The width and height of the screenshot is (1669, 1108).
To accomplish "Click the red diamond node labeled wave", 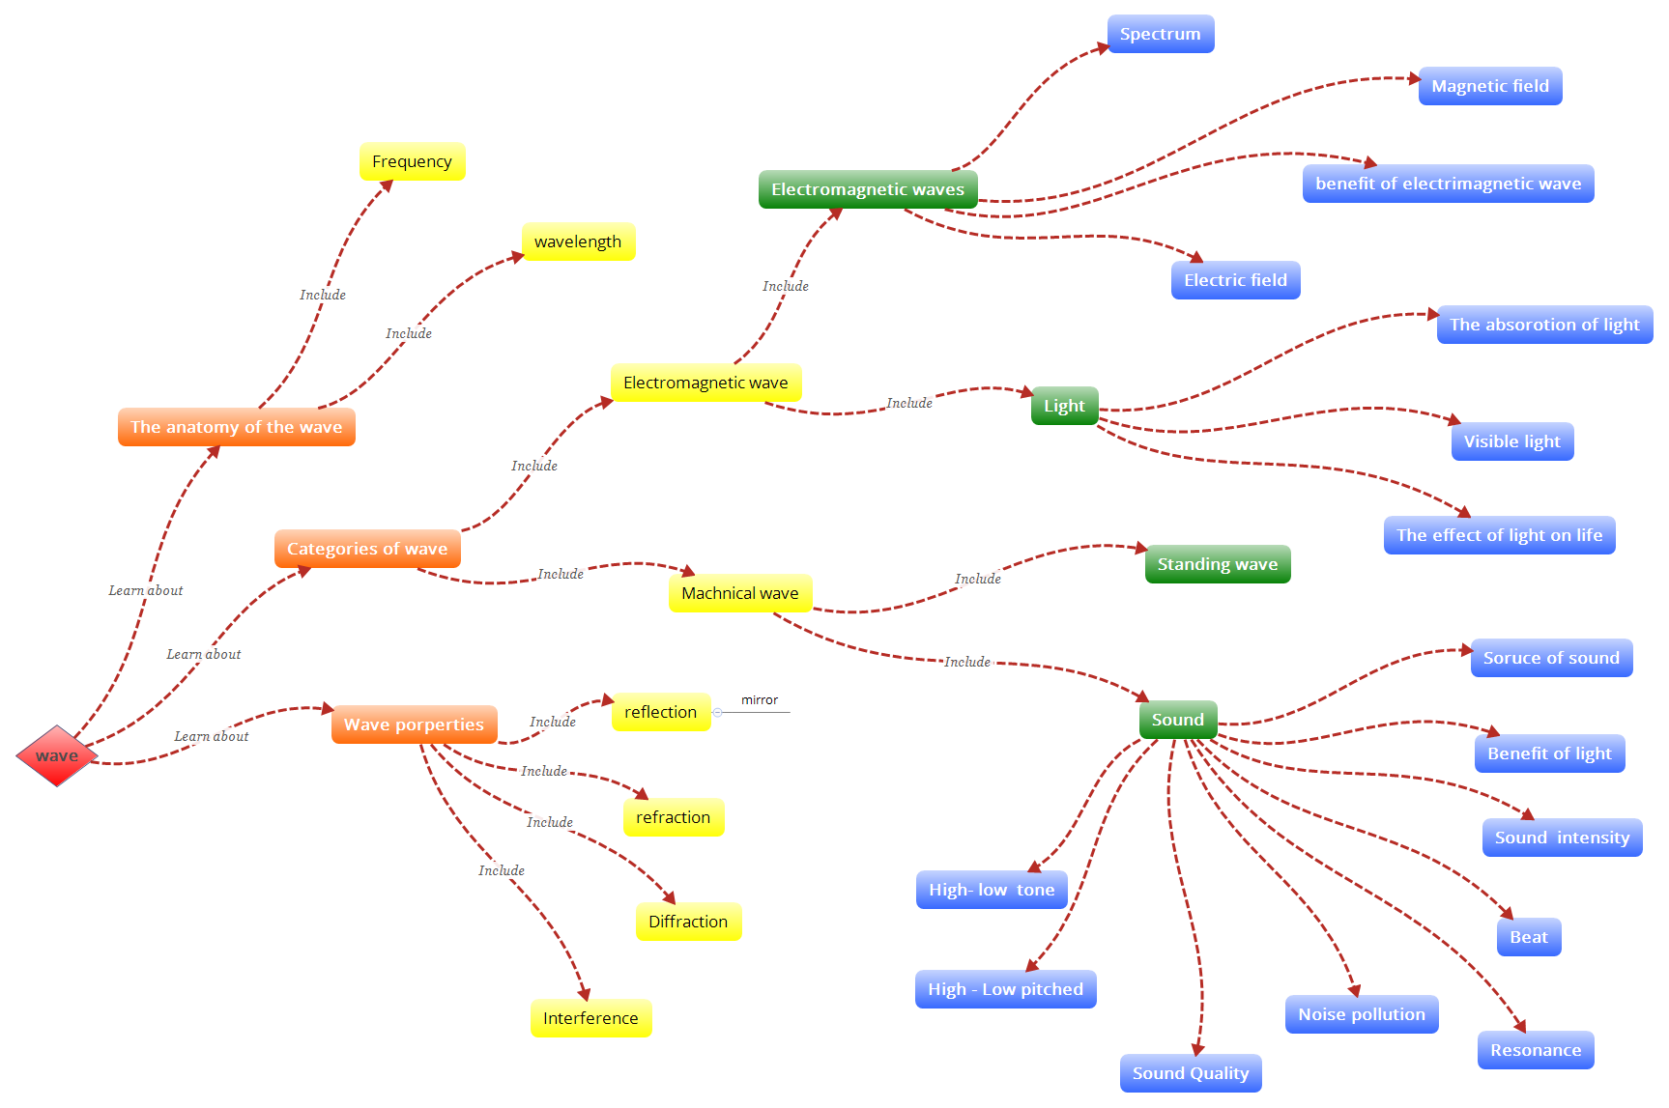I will click(57, 756).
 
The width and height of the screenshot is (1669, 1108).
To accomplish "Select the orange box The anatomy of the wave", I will click(236, 427).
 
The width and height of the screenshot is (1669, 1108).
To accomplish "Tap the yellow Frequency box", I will click(412, 162).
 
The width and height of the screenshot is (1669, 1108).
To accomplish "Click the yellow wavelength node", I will click(578, 242).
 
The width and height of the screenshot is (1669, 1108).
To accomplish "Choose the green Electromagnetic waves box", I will click(867, 189).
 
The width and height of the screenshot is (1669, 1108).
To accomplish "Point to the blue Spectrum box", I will click(1160, 35).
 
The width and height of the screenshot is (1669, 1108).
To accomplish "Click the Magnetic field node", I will click(1489, 87).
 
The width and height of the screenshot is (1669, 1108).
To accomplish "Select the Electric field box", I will click(1235, 281).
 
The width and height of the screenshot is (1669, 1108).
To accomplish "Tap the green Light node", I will click(1064, 407).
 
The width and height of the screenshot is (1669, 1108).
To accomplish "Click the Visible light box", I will click(1511, 442).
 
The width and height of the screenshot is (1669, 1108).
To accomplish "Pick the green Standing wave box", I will click(1217, 565).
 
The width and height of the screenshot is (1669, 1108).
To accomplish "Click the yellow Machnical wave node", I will click(740, 594).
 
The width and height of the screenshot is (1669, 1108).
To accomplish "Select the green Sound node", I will click(1177, 721).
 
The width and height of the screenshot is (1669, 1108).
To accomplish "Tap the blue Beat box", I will click(1528, 938).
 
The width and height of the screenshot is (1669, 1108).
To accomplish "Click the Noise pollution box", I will click(1361, 1015).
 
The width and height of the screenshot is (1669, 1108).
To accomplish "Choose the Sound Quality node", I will click(1190, 1074).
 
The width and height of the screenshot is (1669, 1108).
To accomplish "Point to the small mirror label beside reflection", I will click(760, 700).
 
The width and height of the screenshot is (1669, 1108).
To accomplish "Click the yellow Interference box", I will click(590, 1019).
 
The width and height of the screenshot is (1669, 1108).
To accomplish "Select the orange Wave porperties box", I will click(414, 725).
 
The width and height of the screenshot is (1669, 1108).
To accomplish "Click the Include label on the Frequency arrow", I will click(322, 296).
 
